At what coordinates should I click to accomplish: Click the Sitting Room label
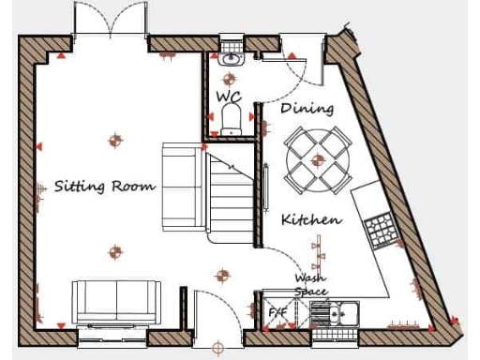coord(104,186)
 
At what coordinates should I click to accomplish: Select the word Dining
coord(307,108)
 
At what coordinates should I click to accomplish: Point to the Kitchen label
coord(311,220)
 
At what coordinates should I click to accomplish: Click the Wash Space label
coord(310,284)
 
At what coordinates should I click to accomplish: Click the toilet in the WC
coord(232,119)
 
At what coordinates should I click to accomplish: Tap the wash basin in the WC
coord(232,59)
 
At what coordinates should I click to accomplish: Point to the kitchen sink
coord(341,311)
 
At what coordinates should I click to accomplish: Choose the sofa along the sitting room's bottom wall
coord(117,300)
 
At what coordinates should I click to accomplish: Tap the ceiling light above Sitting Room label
coord(115,142)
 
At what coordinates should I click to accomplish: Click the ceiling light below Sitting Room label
coord(115,251)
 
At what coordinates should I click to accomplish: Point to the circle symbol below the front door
coord(218,350)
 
